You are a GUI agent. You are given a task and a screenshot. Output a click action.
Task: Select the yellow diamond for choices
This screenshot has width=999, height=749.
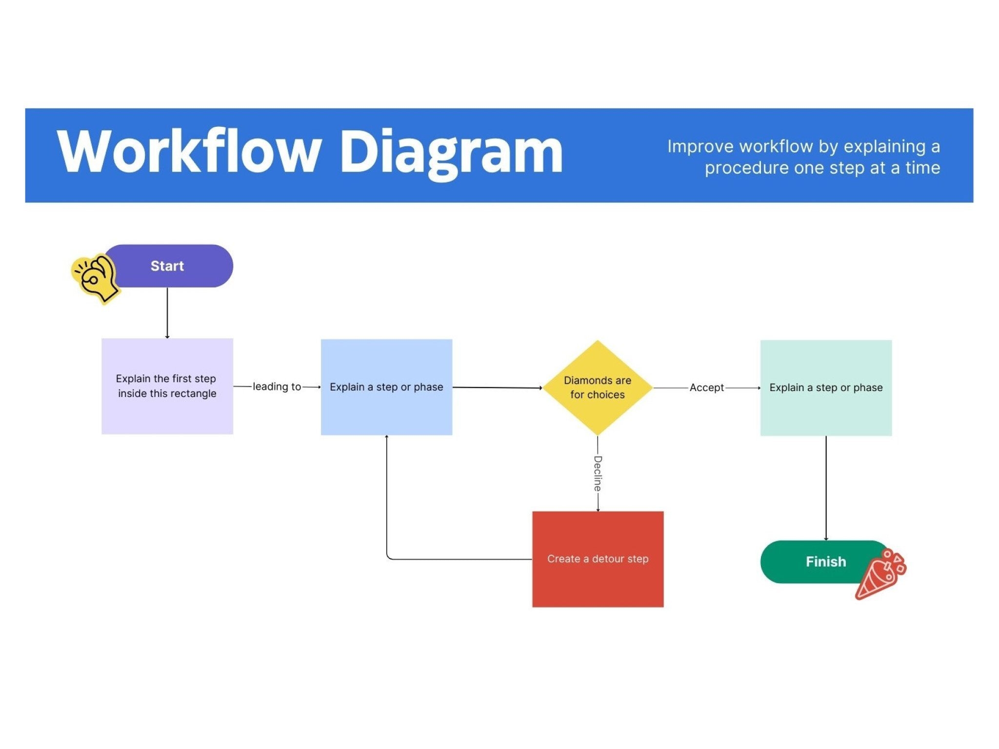pos(598,388)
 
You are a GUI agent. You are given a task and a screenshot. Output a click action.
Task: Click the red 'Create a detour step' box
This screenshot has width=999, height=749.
pos(598,559)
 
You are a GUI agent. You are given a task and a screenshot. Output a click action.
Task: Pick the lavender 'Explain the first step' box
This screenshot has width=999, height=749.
pos(167,386)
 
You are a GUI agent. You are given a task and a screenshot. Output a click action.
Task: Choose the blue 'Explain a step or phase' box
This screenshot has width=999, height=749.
pos(386,387)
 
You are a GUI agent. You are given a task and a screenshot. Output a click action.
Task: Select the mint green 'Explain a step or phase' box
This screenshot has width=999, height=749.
pos(826,388)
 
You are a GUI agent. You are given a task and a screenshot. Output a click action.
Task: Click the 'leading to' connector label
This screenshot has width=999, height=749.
pos(277,387)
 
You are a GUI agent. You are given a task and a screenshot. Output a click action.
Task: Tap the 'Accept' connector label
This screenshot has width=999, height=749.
pos(707,388)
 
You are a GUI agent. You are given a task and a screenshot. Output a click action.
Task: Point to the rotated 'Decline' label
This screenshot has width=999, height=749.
pos(598,473)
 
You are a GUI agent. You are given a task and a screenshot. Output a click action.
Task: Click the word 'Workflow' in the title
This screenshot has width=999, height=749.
pos(189,151)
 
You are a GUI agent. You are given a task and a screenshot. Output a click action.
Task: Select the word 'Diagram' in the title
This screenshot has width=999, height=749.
pos(451,154)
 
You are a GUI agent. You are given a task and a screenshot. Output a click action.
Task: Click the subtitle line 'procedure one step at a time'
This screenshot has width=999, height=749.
pos(822,168)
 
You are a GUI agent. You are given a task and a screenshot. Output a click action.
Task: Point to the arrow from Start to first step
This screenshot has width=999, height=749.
pos(167,313)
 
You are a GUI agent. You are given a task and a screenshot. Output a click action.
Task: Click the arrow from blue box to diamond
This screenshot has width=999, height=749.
pos(498,388)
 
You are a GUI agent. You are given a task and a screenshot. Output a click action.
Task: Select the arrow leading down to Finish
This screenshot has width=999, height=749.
pos(826,488)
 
